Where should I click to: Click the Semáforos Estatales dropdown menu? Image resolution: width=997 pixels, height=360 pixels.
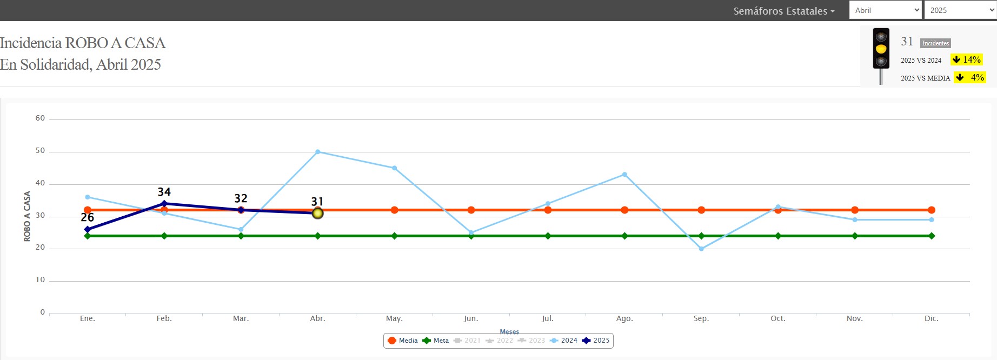pos(783,11)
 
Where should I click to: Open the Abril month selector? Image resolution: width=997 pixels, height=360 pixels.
pos(885,10)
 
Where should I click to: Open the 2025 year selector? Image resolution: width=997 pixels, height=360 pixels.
pos(960,10)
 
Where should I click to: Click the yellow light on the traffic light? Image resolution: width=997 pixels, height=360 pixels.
pos(881,49)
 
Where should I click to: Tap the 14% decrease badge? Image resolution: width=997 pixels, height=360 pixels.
pos(967,59)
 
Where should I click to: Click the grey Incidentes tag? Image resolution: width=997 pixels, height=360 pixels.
pos(935,43)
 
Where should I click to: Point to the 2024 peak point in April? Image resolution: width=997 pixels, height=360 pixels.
pos(318,152)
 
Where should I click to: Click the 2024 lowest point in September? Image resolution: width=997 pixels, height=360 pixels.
pos(701,249)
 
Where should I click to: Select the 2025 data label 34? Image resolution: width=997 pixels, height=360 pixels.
pos(164,192)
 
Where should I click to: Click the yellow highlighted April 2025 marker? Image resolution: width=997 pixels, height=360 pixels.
pos(318,214)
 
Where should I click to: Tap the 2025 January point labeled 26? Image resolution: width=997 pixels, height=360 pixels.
pos(88,229)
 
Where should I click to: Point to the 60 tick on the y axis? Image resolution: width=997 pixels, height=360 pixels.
pos(40,118)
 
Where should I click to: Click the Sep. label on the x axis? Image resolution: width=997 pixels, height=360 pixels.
pos(701,318)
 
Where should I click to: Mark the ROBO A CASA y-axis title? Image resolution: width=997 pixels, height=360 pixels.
pos(27,216)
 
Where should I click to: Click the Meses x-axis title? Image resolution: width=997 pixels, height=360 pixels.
pos(509,332)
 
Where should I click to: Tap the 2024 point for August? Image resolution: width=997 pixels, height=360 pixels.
pos(624,175)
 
